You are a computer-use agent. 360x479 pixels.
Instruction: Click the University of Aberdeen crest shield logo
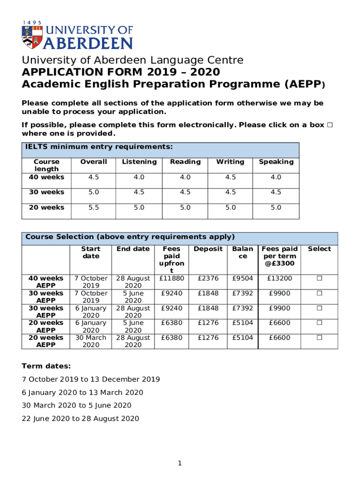point(30,37)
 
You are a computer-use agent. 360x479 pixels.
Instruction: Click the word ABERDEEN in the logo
point(88,44)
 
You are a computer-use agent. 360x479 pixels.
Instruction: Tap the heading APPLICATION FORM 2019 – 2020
point(121,72)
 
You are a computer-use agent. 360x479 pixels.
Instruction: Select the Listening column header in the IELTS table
point(139,162)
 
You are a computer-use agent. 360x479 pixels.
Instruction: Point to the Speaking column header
point(276,162)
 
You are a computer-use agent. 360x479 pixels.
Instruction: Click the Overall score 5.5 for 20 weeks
point(93,207)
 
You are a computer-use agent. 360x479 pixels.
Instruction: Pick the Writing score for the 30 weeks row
point(230,192)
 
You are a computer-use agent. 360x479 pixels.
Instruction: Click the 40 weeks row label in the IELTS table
point(46,177)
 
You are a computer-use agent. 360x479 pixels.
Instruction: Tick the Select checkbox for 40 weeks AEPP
point(319,278)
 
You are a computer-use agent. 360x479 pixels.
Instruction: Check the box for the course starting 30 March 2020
point(319,338)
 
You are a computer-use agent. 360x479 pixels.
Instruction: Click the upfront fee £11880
point(172,278)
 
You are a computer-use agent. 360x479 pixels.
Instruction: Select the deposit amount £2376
point(208,278)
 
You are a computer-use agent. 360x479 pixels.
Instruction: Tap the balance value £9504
point(243,278)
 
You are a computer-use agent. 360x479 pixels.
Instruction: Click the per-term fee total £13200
point(279,278)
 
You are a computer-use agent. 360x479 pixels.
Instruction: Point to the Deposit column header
point(208,249)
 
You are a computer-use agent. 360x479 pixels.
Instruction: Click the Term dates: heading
point(46,366)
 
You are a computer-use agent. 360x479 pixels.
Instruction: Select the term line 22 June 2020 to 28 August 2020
point(80,419)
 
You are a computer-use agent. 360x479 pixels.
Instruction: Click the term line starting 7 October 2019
point(91,379)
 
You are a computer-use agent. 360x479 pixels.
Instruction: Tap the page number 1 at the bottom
point(179,463)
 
